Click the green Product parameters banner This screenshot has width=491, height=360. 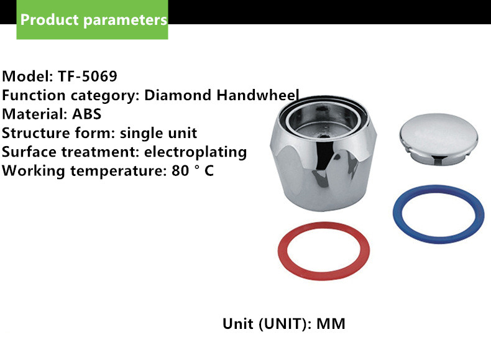tap(92, 19)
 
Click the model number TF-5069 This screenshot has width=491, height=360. tap(88, 76)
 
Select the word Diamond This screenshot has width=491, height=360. tap(178, 95)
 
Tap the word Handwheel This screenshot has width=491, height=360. tap(258, 95)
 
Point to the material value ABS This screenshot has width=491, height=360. tap(87, 114)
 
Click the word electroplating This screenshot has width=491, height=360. tap(195, 152)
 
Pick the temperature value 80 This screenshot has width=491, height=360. tap(180, 171)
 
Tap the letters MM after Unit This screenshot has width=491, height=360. tap(331, 324)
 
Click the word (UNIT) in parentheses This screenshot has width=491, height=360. tap(283, 324)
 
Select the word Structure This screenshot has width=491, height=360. tap(36, 133)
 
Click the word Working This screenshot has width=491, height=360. tap(34, 172)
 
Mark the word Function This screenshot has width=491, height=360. tap(34, 95)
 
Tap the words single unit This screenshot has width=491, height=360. tap(158, 134)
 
